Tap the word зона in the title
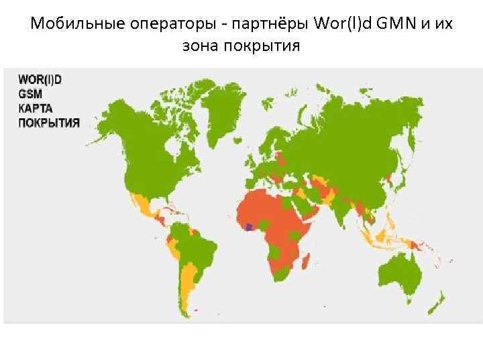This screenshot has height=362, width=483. point(199,47)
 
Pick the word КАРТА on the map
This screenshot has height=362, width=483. point(36,109)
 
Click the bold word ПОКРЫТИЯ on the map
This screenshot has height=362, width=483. point(49,122)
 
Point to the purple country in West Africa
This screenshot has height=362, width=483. point(250,227)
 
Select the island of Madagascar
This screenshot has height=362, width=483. point(306,258)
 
